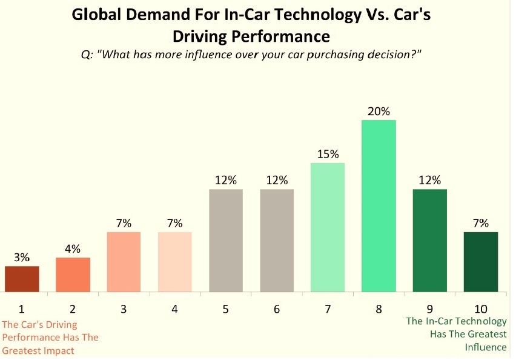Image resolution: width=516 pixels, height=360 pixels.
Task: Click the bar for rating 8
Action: tap(379, 206)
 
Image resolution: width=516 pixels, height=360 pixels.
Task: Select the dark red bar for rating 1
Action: tap(22, 279)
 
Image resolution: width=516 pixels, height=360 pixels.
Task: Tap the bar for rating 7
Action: tap(328, 227)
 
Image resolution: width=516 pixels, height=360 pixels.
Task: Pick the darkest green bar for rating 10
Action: tap(481, 262)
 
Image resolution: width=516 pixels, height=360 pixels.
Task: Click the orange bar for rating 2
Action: tap(73, 275)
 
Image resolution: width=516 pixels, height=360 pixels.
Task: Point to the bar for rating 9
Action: tap(430, 241)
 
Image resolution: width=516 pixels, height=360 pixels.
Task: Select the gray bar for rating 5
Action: tap(226, 241)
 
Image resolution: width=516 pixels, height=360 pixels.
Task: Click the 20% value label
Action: tap(379, 112)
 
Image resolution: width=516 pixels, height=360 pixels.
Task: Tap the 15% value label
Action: tap(328, 154)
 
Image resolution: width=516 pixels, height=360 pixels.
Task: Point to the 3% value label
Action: tap(22, 257)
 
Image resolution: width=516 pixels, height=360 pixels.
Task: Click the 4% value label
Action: tap(73, 248)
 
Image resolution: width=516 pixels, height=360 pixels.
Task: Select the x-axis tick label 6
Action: tap(277, 309)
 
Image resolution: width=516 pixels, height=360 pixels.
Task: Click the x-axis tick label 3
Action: tap(124, 309)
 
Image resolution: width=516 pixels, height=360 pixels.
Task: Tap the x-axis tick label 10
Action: tap(481, 309)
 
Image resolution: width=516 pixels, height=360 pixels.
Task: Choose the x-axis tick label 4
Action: tap(174, 309)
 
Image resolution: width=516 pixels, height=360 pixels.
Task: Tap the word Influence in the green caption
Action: tap(485, 347)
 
